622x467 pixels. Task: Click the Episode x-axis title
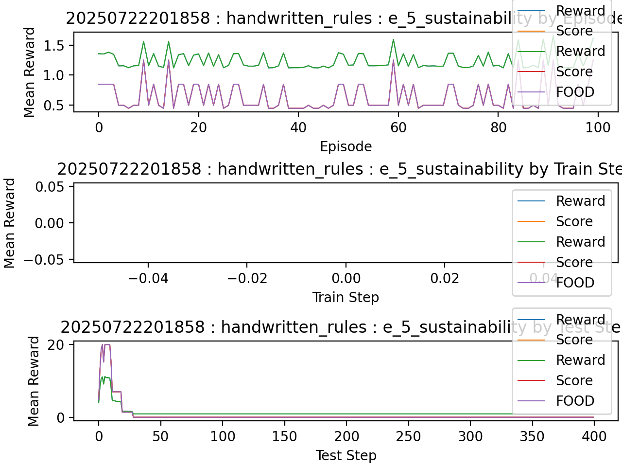pos(346,146)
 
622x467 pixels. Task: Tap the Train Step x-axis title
pos(346,297)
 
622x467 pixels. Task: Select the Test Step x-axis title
pos(346,455)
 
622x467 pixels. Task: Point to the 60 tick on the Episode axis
pos(398,127)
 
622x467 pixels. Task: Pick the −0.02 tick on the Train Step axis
pos(247,278)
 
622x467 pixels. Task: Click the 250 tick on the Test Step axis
pos(408,436)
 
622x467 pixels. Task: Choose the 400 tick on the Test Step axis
pos(594,436)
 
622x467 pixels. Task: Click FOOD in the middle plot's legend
pos(575,283)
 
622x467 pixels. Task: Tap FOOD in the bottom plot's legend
pos(575,401)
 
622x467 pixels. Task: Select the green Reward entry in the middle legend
pos(580,242)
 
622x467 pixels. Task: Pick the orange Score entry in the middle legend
pos(574,221)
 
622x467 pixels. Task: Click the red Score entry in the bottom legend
pos(574,380)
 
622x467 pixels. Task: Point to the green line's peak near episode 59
pos(393,39)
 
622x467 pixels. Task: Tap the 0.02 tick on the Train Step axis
pos(445,278)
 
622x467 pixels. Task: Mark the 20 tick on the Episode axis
pos(198,127)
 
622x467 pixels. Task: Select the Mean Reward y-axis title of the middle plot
pos(10,223)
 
